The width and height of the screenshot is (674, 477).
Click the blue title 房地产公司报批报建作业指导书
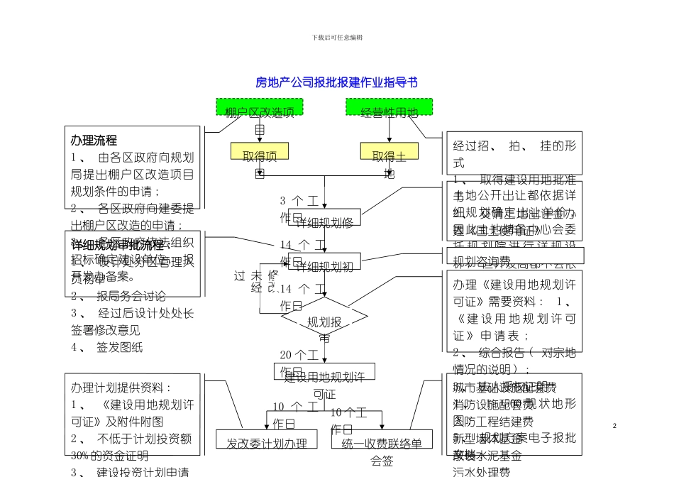[336, 83]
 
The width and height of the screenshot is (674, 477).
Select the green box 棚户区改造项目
[260, 108]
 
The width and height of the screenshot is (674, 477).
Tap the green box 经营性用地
[389, 108]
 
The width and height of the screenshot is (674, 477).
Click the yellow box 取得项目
[259, 152]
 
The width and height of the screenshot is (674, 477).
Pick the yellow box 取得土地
[389, 152]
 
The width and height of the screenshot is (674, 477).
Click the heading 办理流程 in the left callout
[94, 141]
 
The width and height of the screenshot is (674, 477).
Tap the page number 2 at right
[614, 425]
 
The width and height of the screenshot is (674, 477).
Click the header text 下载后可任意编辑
[337, 37]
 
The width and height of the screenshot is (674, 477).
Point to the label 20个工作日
[299, 355]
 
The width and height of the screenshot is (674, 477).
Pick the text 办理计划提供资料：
[121, 388]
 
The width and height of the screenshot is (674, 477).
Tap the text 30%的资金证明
[109, 456]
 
